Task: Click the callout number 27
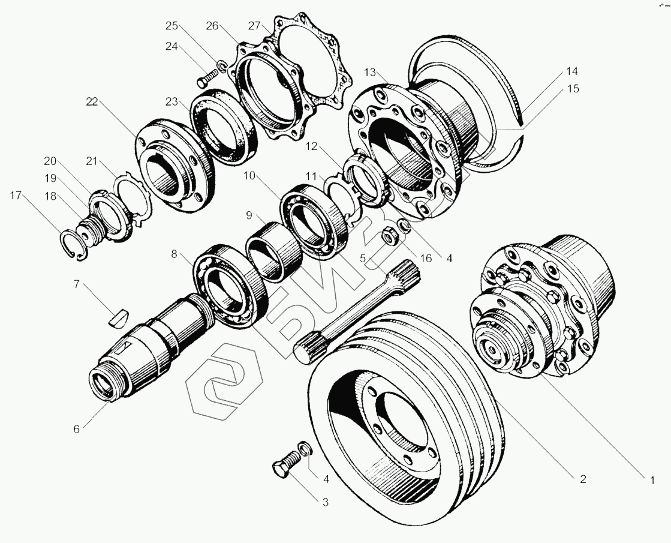point(254,26)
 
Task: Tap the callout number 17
point(16,196)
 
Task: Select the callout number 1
point(652,481)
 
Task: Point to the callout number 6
point(77,428)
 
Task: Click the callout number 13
point(370,73)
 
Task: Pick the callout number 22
point(92,102)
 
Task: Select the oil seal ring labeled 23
point(224,127)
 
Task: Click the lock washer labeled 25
point(222,67)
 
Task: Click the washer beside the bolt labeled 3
point(306,448)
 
